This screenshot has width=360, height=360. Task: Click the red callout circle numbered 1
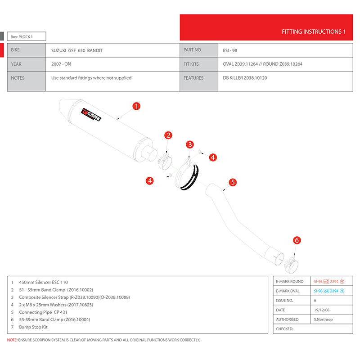point(136,106)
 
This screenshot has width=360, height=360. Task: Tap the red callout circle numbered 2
point(168,135)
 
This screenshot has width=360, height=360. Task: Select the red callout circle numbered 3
point(190,144)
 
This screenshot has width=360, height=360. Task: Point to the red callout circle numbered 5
point(233,182)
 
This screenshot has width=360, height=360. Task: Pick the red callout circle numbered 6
point(297,240)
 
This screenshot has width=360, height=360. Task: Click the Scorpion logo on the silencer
point(91,115)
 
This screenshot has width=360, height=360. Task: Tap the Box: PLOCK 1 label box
point(27,36)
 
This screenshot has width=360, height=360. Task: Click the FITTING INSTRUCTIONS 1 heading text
point(313,31)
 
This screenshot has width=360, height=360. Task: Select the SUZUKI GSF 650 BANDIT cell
point(77,50)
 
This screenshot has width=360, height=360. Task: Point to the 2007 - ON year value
point(61,64)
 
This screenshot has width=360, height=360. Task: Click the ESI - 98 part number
point(230,50)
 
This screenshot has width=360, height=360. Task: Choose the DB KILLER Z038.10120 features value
point(245,78)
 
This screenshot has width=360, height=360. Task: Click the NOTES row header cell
point(27,81)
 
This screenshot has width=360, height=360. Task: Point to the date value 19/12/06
point(322,310)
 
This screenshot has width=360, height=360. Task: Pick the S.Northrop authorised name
point(323,319)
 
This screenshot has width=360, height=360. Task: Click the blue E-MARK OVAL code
point(329,291)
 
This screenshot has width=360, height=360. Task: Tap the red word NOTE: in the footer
point(12,340)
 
